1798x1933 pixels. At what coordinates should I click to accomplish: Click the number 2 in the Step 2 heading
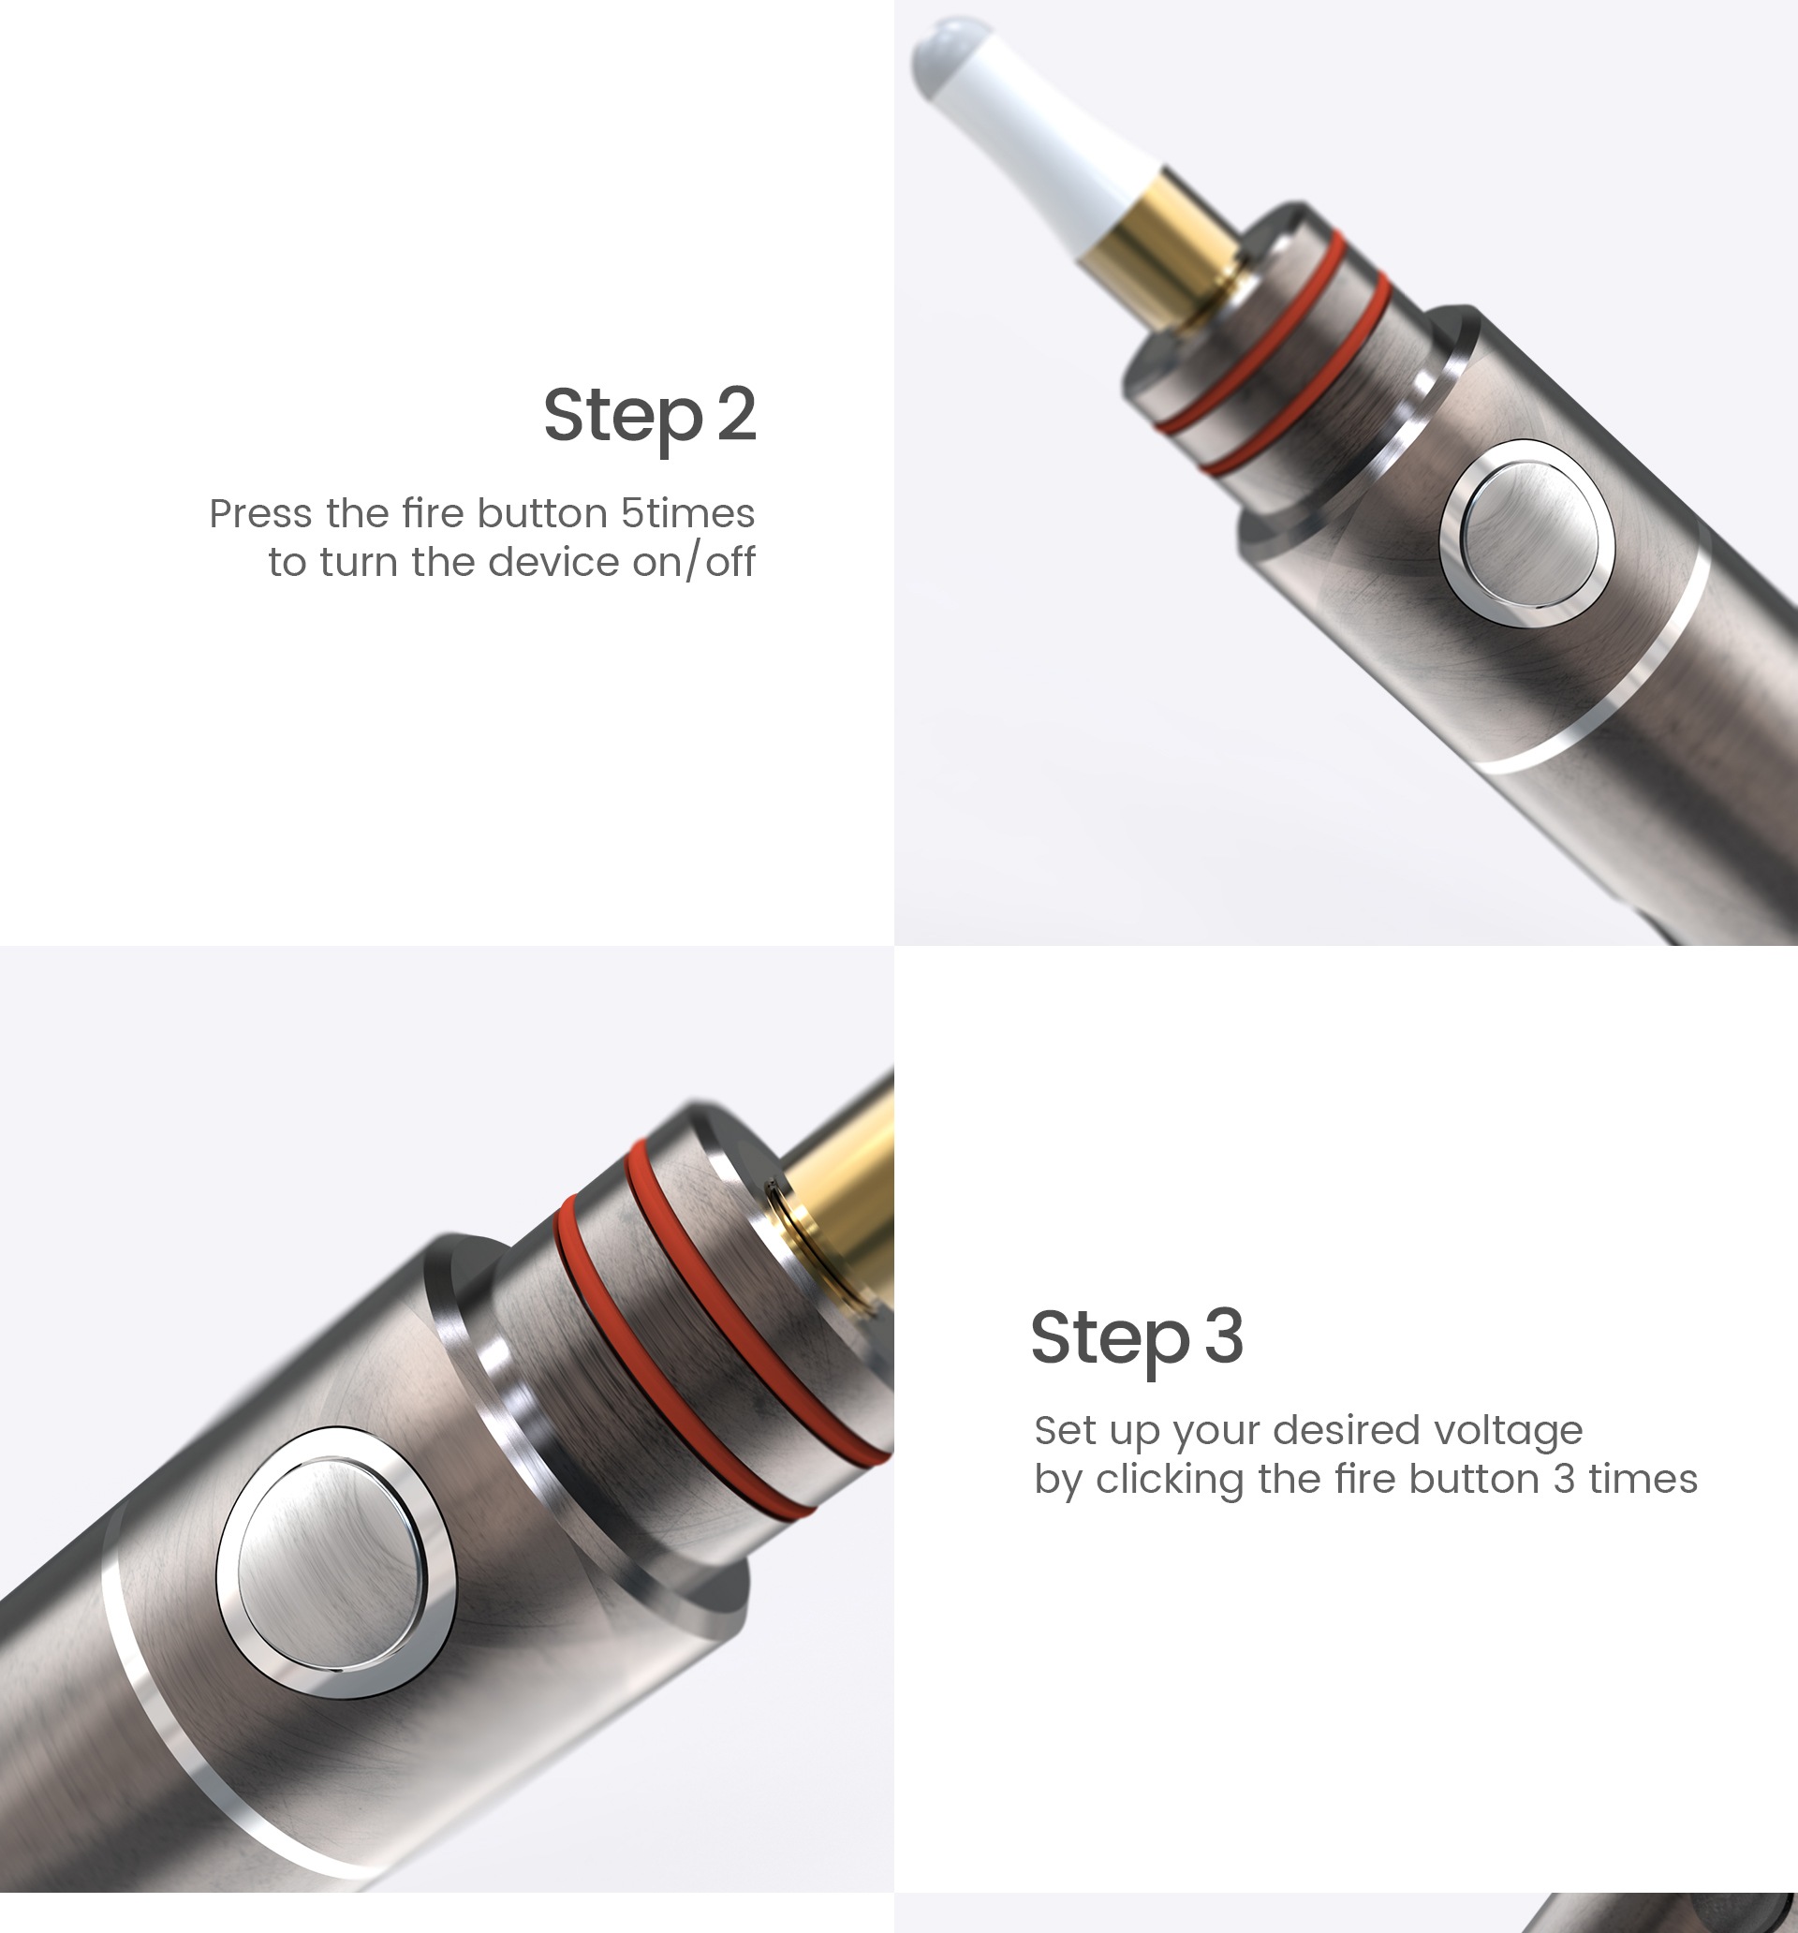737,413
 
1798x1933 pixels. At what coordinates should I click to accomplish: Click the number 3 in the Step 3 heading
1224,1336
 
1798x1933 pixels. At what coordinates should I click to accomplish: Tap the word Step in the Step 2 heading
623,417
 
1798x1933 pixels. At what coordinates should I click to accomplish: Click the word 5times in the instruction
687,513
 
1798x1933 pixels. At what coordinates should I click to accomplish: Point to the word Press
259,513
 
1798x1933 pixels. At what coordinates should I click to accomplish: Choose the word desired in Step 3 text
1346,1430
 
